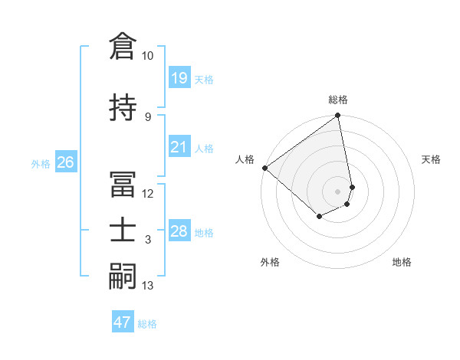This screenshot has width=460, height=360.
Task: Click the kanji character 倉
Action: click(123, 47)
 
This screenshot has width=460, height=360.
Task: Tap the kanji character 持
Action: click(123, 108)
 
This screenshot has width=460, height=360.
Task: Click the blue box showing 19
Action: click(179, 78)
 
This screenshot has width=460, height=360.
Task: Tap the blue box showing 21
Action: click(179, 147)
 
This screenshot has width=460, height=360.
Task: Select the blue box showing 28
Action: click(179, 231)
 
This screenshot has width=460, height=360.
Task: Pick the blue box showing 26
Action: click(65, 162)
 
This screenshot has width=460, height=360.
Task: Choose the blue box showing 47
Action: click(123, 322)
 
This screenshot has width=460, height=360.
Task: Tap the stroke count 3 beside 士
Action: click(147, 240)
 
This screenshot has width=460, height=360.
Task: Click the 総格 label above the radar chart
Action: click(338, 100)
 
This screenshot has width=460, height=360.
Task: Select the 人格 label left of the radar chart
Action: click(245, 159)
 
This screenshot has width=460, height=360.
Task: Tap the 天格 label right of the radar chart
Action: click(431, 159)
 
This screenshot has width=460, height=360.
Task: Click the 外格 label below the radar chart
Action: click(270, 262)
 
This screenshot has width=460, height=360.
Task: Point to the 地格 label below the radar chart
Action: click(402, 262)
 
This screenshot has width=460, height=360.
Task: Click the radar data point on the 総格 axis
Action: click(338, 116)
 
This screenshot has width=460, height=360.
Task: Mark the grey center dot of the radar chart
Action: click(338, 191)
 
